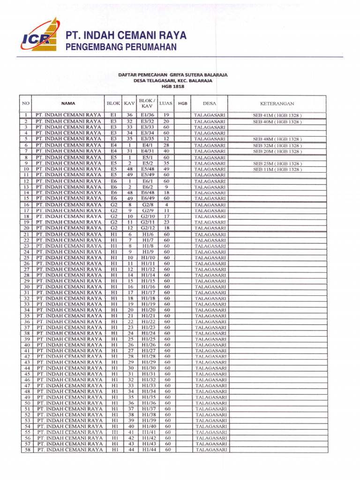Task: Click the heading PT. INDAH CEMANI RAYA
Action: pyautogui.click(x=126, y=36)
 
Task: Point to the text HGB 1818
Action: pyautogui.click(x=172, y=87)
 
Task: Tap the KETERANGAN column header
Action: pyautogui.click(x=277, y=104)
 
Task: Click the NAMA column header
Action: pyautogui.click(x=68, y=104)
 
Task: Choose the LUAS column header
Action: pyautogui.click(x=165, y=103)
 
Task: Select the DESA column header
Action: pyautogui.click(x=210, y=104)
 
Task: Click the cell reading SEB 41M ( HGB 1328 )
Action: pyautogui.click(x=277, y=115)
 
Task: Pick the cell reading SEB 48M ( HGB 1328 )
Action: pyautogui.click(x=277, y=139)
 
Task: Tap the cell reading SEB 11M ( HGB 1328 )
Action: pyautogui.click(x=277, y=169)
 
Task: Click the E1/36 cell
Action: pyautogui.click(x=148, y=115)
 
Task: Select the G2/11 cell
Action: pyautogui.click(x=148, y=222)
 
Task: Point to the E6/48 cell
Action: pyautogui.click(x=148, y=193)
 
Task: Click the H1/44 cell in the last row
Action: pyautogui.click(x=148, y=450)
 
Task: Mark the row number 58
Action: pyautogui.click(x=27, y=450)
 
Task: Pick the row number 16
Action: pyautogui.click(x=27, y=205)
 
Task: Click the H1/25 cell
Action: pyautogui.click(x=148, y=339)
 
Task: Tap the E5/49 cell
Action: pyautogui.click(x=148, y=175)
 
